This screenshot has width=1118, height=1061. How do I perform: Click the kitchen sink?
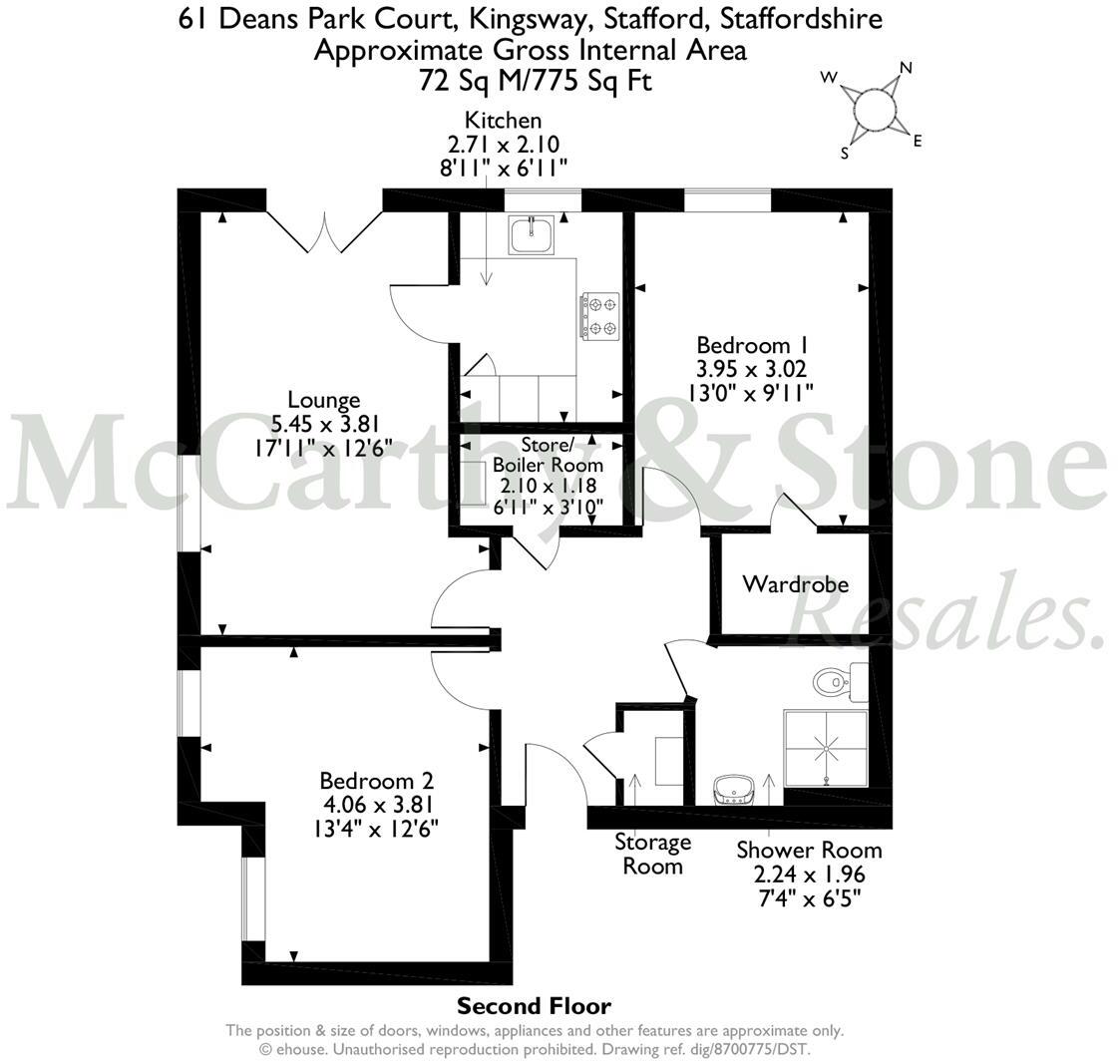click(x=532, y=235)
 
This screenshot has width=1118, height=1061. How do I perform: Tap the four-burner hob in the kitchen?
click(x=600, y=316)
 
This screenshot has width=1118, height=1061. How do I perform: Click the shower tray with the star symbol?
click(x=827, y=748)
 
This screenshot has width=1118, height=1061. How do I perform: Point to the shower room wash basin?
click(x=734, y=790)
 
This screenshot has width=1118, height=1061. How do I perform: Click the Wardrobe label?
click(x=796, y=584)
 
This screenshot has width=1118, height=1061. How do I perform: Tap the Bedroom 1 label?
click(x=752, y=345)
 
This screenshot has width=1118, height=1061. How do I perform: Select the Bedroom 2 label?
click(x=376, y=781)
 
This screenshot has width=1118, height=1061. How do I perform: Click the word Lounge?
click(x=324, y=401)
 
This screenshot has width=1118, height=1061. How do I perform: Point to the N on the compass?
click(x=906, y=69)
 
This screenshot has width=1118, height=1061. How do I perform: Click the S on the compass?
click(x=845, y=153)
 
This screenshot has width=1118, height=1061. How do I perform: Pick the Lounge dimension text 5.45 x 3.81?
click(x=324, y=425)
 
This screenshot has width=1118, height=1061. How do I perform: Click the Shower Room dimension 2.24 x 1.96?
click(x=809, y=875)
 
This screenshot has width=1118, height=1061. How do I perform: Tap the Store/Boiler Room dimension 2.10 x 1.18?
click(x=549, y=487)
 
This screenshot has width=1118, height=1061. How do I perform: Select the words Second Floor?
click(x=534, y=1006)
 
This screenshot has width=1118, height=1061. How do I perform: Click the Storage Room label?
click(x=653, y=855)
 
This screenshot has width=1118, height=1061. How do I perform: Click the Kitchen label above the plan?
click(x=504, y=120)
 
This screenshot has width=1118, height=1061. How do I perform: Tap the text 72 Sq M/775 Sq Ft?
click(x=536, y=82)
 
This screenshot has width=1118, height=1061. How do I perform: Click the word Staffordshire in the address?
click(x=802, y=19)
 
